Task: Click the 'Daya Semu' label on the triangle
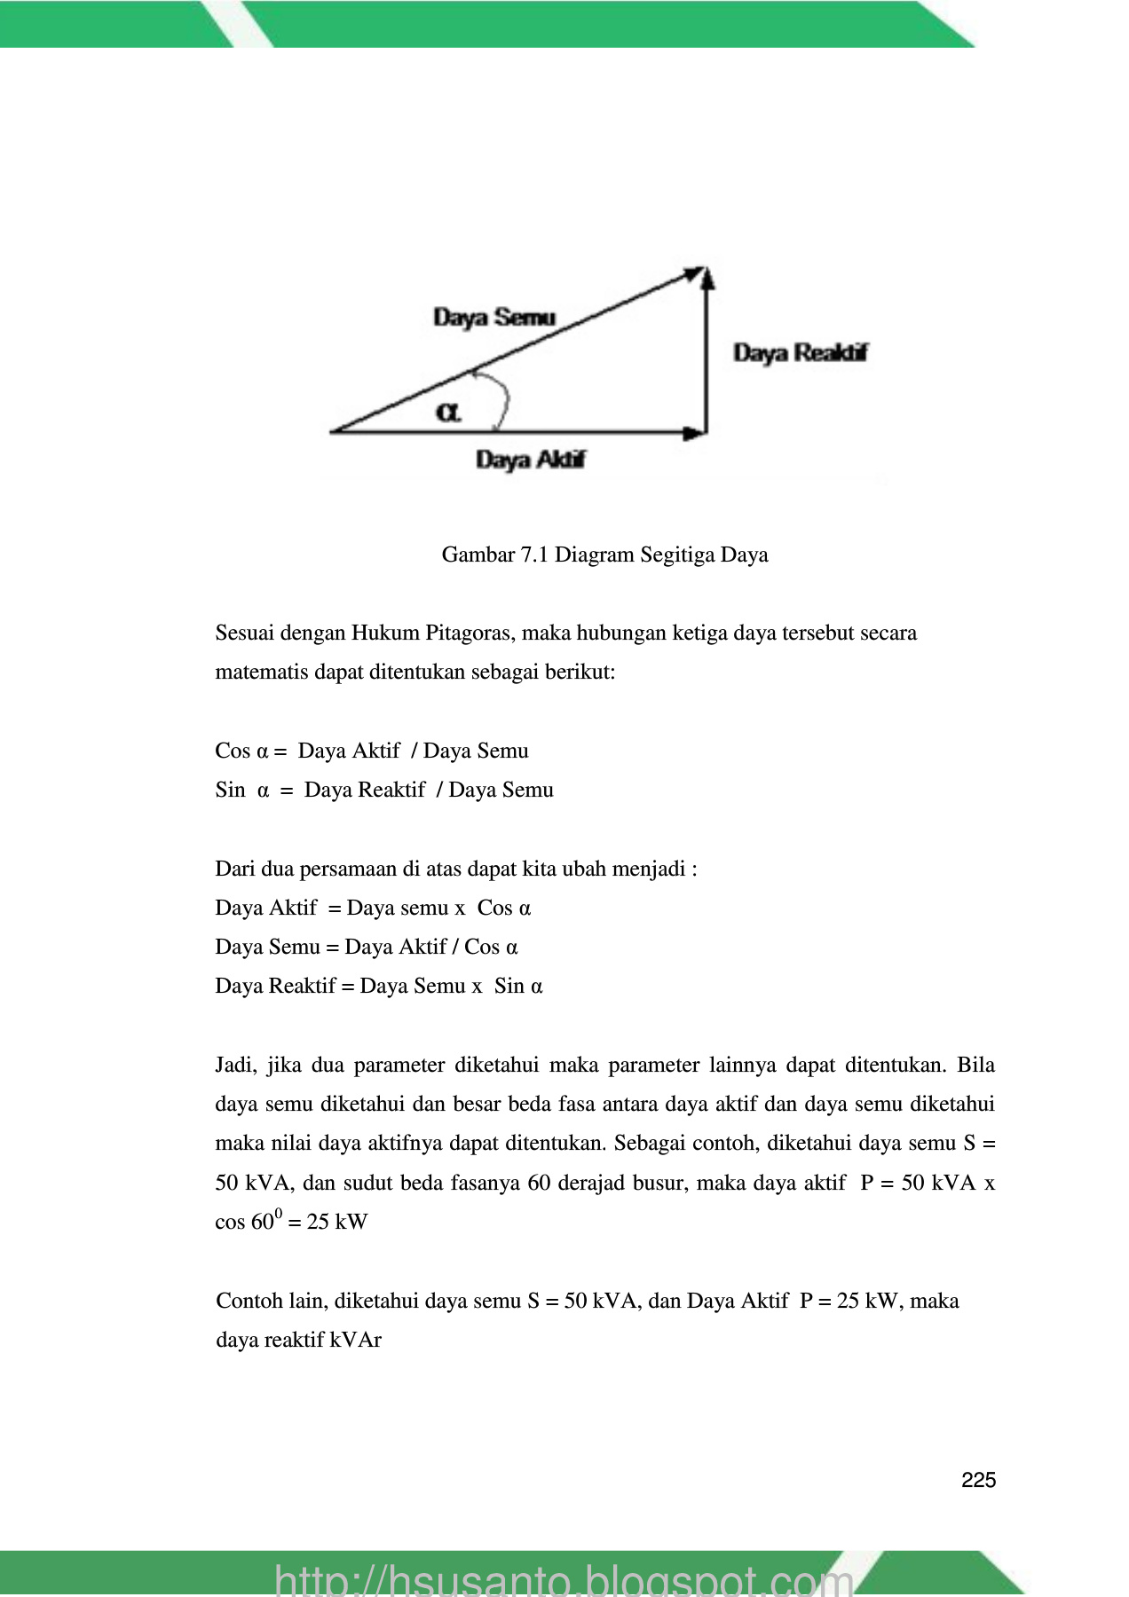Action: point(494,318)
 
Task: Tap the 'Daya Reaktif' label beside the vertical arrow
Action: point(800,353)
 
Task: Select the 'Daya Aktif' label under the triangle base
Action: point(531,460)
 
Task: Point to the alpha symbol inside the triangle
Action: point(448,413)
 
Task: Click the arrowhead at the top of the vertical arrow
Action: point(707,278)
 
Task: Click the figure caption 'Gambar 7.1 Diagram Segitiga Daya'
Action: point(604,555)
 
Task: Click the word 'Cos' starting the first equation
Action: point(233,751)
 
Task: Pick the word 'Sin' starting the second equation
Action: point(230,791)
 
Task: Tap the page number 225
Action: point(978,1480)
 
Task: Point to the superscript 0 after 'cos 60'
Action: point(278,1214)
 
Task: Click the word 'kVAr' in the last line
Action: point(356,1341)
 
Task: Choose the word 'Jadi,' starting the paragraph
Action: point(236,1066)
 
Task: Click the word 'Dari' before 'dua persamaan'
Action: point(234,869)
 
